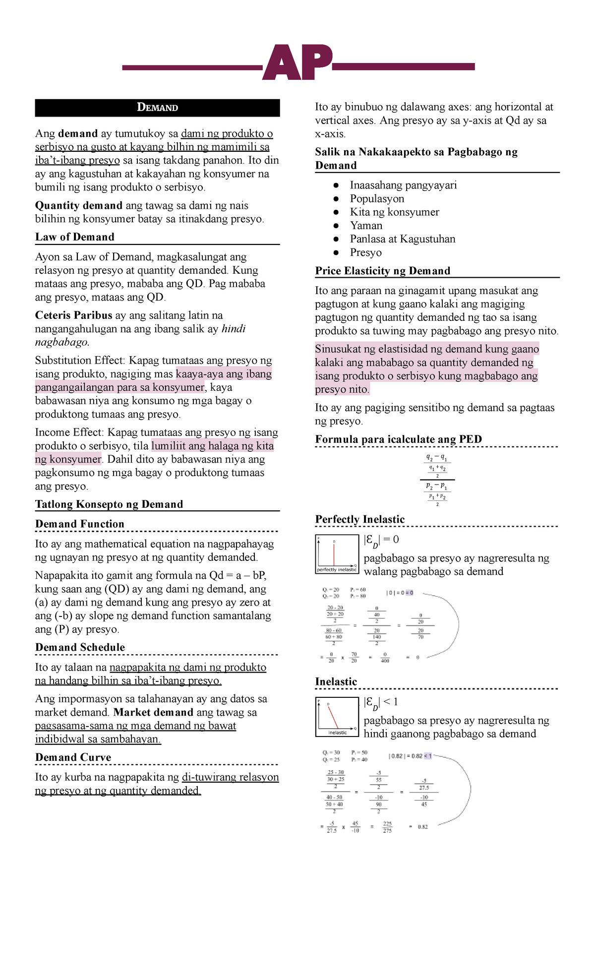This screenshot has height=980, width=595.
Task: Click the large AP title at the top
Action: click(297, 63)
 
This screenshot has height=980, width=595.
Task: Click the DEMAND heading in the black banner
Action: click(157, 108)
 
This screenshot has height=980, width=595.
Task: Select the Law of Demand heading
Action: click(74, 237)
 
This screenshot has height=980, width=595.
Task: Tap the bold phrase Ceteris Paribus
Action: click(73, 315)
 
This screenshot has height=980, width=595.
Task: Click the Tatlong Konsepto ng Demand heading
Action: click(109, 504)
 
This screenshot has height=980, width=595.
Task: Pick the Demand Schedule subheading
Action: click(80, 647)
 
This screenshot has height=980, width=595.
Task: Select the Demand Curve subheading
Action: click(73, 757)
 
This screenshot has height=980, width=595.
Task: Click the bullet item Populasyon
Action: click(377, 199)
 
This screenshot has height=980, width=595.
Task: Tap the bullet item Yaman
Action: click(366, 226)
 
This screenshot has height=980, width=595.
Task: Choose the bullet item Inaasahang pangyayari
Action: click(403, 185)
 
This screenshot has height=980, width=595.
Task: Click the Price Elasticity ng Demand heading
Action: click(382, 271)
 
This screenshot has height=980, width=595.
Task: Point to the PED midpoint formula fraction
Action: click(437, 480)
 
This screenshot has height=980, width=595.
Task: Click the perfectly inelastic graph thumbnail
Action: click(337, 554)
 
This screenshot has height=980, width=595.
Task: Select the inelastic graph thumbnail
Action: click(337, 717)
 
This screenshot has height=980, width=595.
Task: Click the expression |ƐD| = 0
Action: click(381, 540)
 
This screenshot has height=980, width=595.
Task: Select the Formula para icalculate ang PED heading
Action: click(398, 439)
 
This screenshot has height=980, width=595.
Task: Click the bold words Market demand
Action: click(153, 713)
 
